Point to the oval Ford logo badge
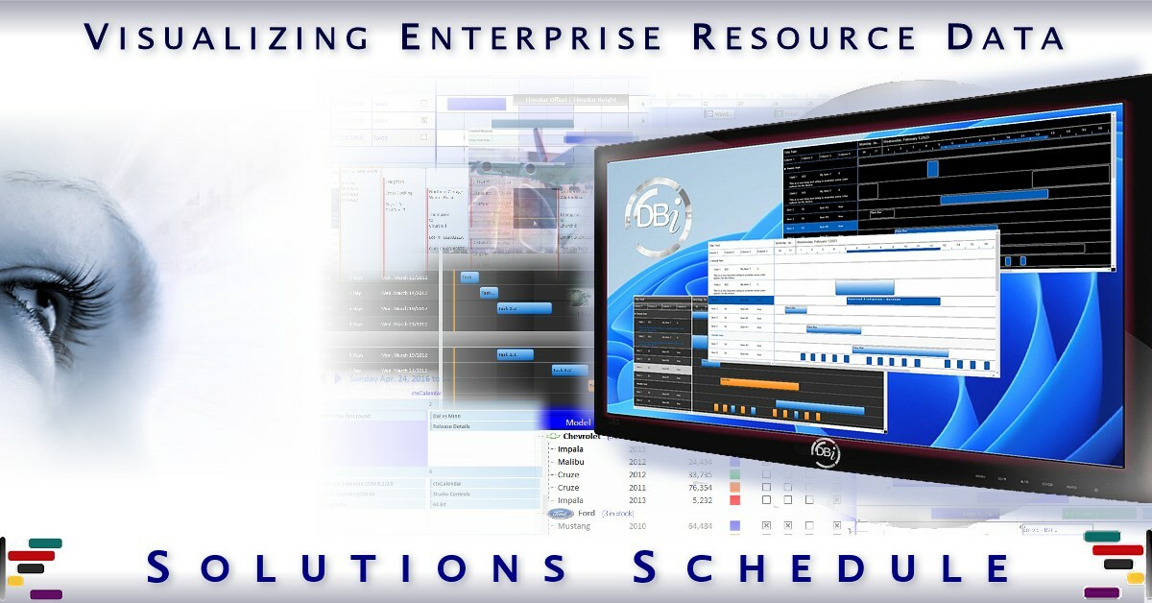(561, 514)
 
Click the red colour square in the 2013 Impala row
(735, 499)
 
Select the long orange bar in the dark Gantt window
(758, 382)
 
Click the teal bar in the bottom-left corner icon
(44, 543)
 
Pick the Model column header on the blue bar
(578, 422)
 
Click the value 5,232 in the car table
(698, 499)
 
